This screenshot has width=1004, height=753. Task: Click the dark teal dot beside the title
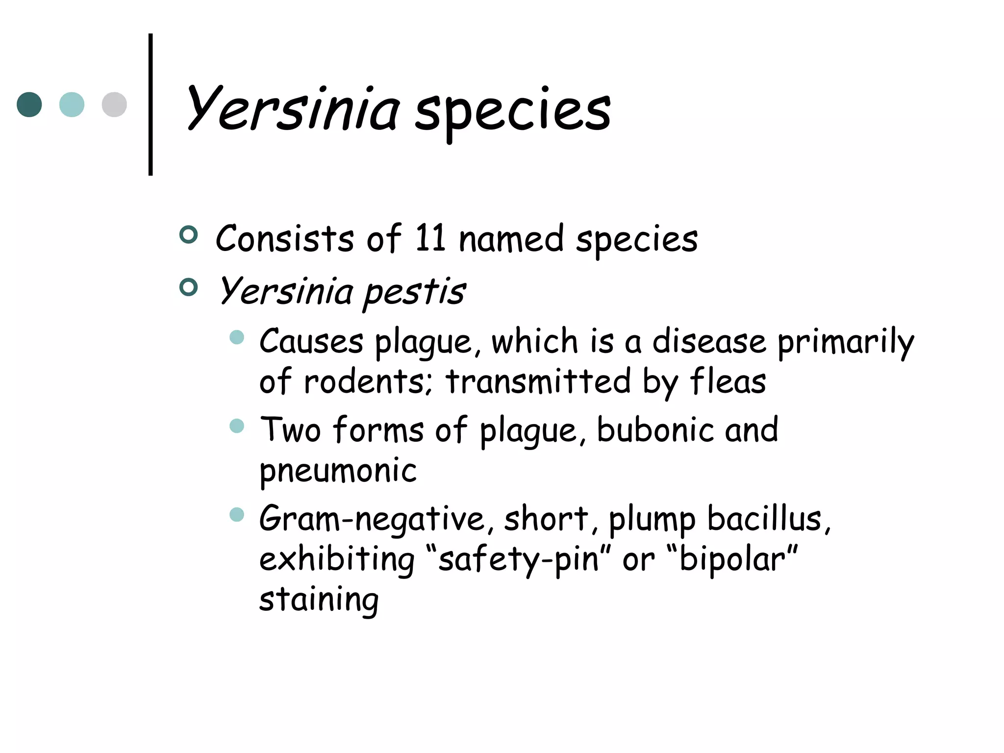29,104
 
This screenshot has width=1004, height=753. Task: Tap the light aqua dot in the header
72,104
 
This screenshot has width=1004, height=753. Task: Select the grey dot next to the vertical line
114,104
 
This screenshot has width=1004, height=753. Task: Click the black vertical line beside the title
151,104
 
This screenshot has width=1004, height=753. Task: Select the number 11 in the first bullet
430,238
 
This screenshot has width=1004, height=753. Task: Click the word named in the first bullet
511,239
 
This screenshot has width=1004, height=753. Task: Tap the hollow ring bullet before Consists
189,235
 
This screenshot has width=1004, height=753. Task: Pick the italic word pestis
414,292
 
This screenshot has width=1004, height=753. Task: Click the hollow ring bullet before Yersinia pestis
189,287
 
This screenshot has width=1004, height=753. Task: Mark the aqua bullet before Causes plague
237,337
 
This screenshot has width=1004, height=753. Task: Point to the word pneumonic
338,471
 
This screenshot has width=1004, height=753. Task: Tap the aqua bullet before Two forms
237,426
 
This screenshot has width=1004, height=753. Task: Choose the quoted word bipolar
732,559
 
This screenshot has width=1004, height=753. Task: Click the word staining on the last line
319,600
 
